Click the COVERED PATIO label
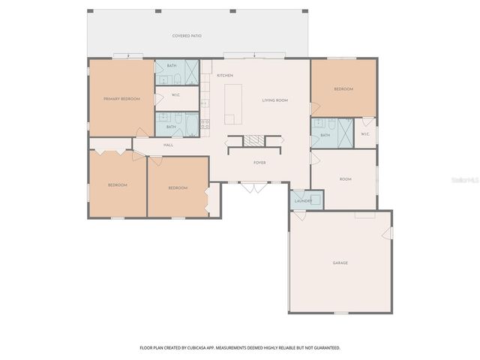tap(187, 36)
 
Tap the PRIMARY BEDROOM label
tap(121, 98)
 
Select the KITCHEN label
tap(225, 76)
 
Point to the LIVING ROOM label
tap(274, 100)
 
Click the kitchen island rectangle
tap(234, 104)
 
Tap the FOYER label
tap(259, 163)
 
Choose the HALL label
tap(169, 145)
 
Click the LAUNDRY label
tap(303, 200)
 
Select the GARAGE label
tap(340, 262)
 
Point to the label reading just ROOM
tap(345, 179)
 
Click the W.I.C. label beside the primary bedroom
tap(175, 95)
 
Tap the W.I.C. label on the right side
tap(365, 134)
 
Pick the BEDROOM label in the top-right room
tap(343, 89)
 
